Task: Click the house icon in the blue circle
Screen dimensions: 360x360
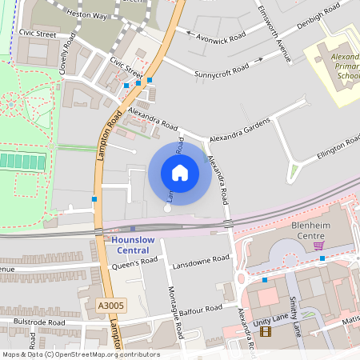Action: (180, 173)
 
